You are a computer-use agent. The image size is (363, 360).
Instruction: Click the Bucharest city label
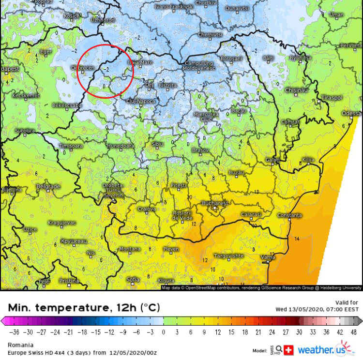pyautogui.click(x=215, y=204)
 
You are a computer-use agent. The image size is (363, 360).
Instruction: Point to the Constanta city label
pyautogui.click(x=289, y=215)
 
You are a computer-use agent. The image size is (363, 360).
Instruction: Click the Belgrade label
pyautogui.click(x=48, y=186)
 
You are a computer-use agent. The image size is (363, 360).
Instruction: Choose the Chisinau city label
pyautogui.click(x=297, y=90)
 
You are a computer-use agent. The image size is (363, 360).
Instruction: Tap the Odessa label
pyautogui.click(x=351, y=113)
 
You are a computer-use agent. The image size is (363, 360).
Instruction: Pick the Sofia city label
pyautogui.click(x=133, y=279)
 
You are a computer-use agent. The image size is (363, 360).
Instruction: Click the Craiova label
pyautogui.click(x=147, y=209)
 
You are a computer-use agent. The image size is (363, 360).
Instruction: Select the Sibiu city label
pyautogui.click(x=157, y=144)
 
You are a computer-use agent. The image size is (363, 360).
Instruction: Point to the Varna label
pyautogui.click(x=268, y=256)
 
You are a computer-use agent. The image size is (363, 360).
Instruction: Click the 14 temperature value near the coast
pyautogui.click(x=297, y=239)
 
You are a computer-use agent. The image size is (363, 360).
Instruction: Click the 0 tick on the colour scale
pyautogui.click(x=164, y=332)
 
